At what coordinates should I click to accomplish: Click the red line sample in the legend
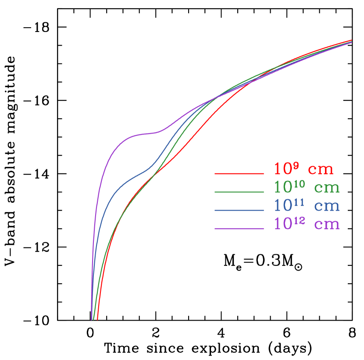click(239, 174)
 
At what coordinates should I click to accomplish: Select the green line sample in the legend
click(239, 192)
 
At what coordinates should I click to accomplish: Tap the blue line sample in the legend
click(239, 211)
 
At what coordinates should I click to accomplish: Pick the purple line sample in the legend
click(239, 229)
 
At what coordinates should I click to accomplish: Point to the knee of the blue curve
click(149, 169)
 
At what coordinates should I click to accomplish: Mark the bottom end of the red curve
click(97, 319)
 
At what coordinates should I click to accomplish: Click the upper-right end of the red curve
click(351, 40)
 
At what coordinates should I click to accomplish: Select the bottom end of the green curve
click(94, 319)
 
